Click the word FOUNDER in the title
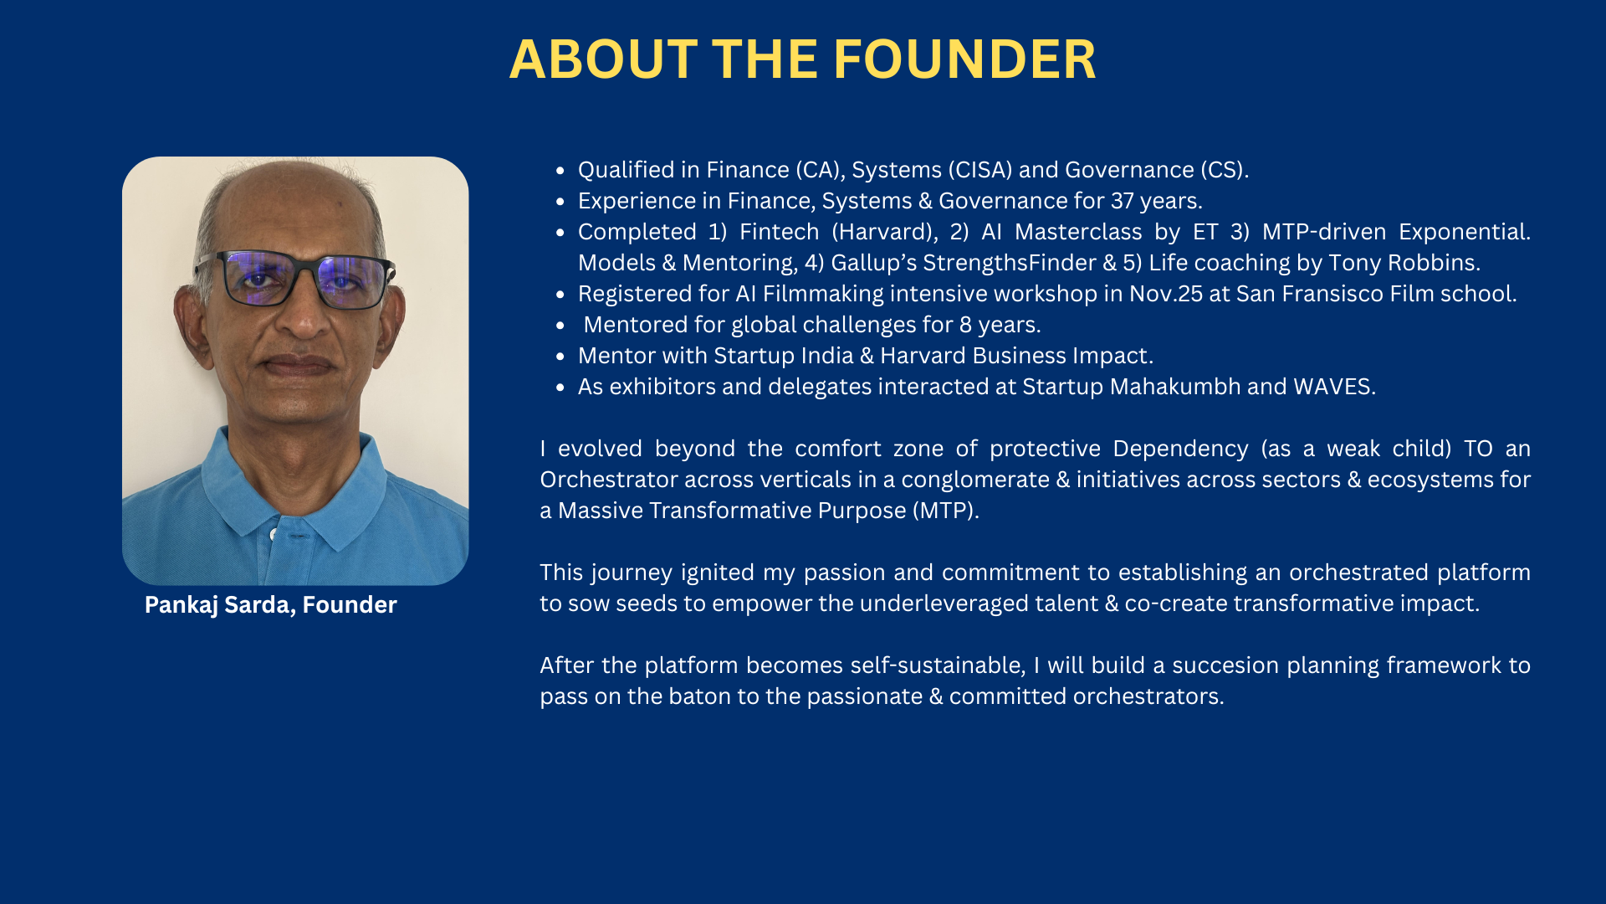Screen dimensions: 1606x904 coord(964,59)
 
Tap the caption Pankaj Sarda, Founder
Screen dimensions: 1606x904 coord(271,604)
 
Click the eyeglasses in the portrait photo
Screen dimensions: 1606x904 coord(294,279)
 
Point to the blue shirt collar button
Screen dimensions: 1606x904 coord(274,533)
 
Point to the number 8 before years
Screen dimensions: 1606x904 coord(965,325)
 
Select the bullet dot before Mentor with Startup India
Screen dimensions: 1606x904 coord(560,357)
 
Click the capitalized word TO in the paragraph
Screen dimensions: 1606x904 coord(1478,449)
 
